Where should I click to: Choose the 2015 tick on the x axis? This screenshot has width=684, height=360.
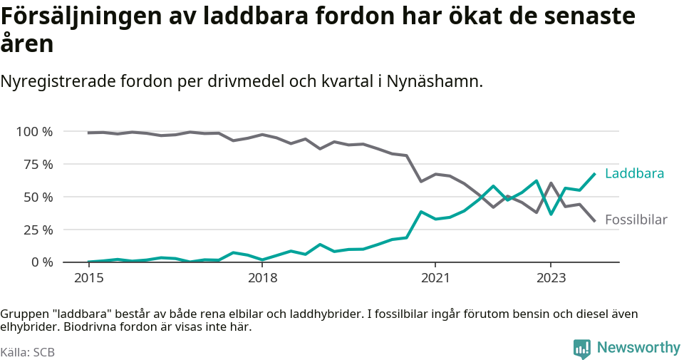[88, 277]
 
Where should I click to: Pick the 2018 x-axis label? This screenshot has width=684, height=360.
[262, 277]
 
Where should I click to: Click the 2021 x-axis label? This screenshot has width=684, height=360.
[435, 277]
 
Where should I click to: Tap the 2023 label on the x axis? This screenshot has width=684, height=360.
[551, 277]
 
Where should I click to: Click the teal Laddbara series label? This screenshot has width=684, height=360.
[634, 173]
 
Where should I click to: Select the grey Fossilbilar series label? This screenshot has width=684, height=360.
[636, 220]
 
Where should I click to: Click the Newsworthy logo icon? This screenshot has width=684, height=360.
[581, 349]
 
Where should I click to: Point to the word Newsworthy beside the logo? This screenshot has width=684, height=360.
[638, 348]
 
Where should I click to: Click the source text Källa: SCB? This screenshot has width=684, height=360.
[28, 352]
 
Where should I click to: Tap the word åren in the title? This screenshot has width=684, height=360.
[26, 44]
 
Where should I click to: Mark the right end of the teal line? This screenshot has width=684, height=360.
[595, 174]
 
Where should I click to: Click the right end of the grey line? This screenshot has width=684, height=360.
[595, 221]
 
